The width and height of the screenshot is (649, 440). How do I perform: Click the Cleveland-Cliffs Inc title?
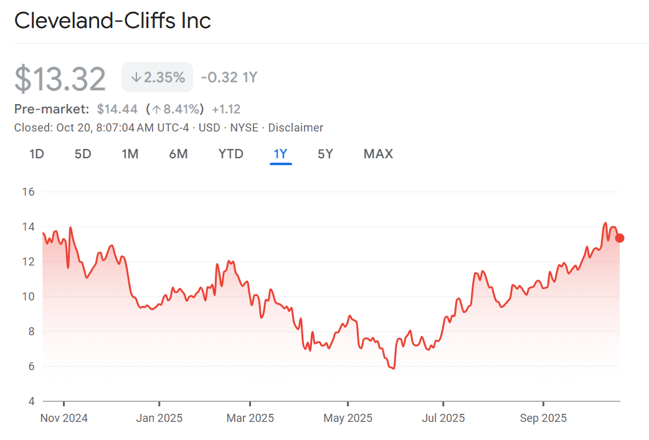point(113,21)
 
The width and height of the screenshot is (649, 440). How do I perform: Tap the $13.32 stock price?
point(60,79)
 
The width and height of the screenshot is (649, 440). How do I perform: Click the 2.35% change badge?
point(158,78)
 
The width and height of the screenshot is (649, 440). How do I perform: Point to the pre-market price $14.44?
point(117,109)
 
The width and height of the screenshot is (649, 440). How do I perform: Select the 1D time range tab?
point(37,154)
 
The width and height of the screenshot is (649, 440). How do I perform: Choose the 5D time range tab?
point(83,154)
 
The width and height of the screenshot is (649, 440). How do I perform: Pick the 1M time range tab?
point(130,154)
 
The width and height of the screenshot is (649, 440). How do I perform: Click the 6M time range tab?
point(178,154)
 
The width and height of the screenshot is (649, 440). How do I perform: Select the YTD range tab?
point(230,154)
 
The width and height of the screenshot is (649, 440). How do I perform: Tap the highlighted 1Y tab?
point(280,154)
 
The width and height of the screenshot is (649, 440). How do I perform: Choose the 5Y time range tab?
point(325,154)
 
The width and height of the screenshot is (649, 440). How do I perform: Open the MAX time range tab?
point(378,154)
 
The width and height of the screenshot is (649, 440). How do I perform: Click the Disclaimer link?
point(296,128)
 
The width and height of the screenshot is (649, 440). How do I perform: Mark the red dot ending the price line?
point(619,238)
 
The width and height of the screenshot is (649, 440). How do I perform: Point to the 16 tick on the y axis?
point(28,192)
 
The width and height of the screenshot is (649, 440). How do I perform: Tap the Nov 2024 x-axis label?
point(64,418)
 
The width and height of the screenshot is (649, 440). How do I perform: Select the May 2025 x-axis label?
point(348,418)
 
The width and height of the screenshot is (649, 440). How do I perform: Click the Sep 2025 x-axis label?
point(543,418)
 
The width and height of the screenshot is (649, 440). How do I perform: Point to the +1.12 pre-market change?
point(226,109)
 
